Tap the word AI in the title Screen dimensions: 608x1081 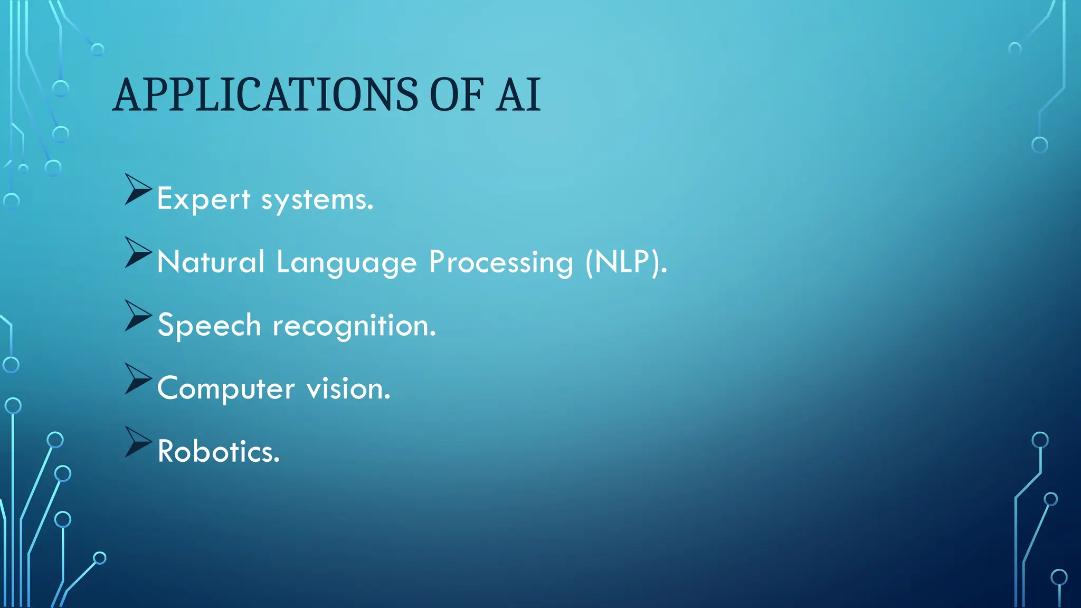[x=518, y=95]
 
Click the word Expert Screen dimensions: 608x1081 [x=203, y=199]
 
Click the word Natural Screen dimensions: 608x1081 [x=211, y=262]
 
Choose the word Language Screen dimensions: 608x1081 [x=346, y=263]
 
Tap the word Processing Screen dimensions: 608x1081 [x=500, y=263]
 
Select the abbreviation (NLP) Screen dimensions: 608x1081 [x=626, y=262]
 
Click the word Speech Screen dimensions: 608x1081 [x=209, y=326]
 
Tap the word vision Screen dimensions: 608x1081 [x=348, y=389]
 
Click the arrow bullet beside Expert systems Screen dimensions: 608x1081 [x=137, y=189]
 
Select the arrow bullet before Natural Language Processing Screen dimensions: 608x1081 [x=137, y=252]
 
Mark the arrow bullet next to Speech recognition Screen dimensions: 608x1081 [x=137, y=315]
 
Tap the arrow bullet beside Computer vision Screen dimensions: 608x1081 [x=137, y=378]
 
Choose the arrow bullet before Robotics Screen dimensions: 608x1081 [x=137, y=442]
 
